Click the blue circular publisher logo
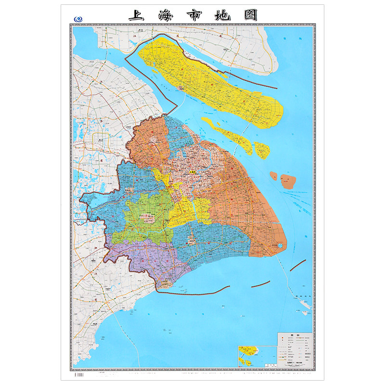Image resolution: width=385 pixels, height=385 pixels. (77, 19)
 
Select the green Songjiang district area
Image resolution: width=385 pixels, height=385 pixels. (144, 214)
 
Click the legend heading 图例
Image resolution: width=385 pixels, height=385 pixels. (294, 336)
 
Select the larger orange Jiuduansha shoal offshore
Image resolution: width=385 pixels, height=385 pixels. (288, 180)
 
